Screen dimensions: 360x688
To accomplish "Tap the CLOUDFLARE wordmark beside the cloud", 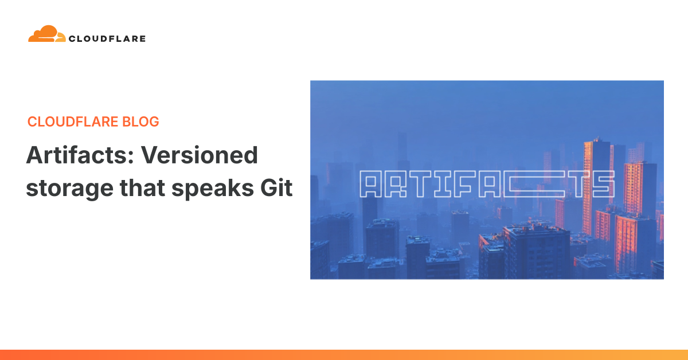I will click(x=107, y=39).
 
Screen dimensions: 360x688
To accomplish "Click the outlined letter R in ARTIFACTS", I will click(x=397, y=185).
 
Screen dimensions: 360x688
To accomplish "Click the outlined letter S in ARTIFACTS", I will click(x=602, y=185).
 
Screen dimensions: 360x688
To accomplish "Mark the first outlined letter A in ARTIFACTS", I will click(x=371, y=185).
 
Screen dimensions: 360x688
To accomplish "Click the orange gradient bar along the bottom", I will click(x=344, y=354).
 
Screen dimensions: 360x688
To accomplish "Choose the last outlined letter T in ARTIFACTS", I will click(x=578, y=185).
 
